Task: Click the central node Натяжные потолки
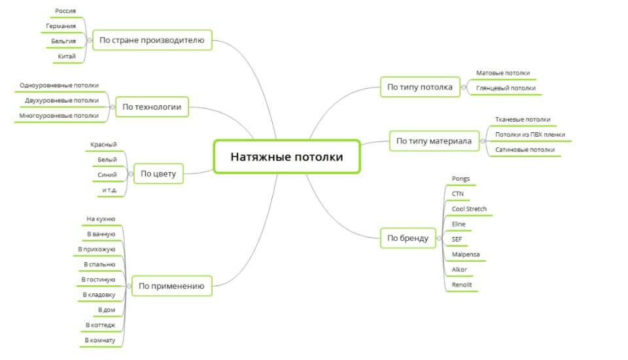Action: coord(287,157)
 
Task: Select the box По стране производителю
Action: coord(152,41)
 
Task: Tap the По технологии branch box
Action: coord(152,107)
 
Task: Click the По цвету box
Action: coord(158,174)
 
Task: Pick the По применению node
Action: coord(172,285)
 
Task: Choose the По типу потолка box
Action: coord(419,87)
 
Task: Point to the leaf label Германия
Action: coord(61,26)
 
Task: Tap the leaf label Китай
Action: coord(67,56)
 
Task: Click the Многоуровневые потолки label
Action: coord(59,115)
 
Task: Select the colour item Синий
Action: coord(107,175)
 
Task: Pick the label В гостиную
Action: coord(98,279)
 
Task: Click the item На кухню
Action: coord(101,219)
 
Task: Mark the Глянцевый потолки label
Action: coord(506,88)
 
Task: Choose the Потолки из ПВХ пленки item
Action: coord(530,135)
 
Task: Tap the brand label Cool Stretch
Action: coord(469,209)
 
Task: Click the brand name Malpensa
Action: coord(466,254)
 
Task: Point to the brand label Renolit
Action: coord(462,285)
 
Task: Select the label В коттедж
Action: coord(100,325)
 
